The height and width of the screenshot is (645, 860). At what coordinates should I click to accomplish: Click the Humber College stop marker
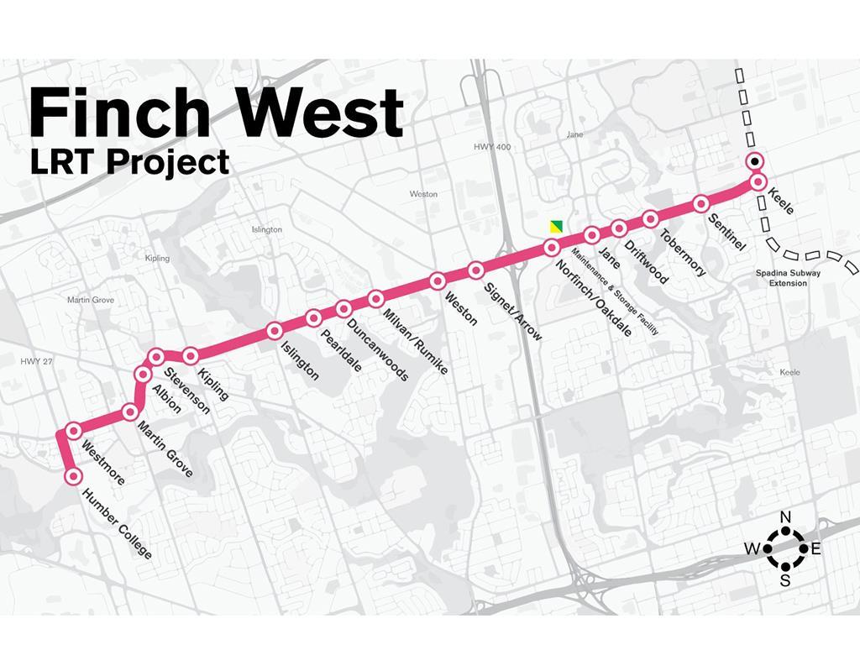73,476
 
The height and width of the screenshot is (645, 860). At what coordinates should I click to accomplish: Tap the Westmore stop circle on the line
73,431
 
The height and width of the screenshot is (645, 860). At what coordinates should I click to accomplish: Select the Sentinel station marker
701,204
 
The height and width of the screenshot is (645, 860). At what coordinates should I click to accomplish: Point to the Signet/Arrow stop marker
475,270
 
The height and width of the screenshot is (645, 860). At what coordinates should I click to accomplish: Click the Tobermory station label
682,253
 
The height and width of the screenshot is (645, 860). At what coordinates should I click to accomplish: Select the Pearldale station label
341,348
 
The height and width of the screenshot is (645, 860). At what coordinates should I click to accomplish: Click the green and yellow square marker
554,225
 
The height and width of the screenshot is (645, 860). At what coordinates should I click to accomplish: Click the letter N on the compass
786,517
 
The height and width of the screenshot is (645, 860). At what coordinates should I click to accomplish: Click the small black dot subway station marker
756,161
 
